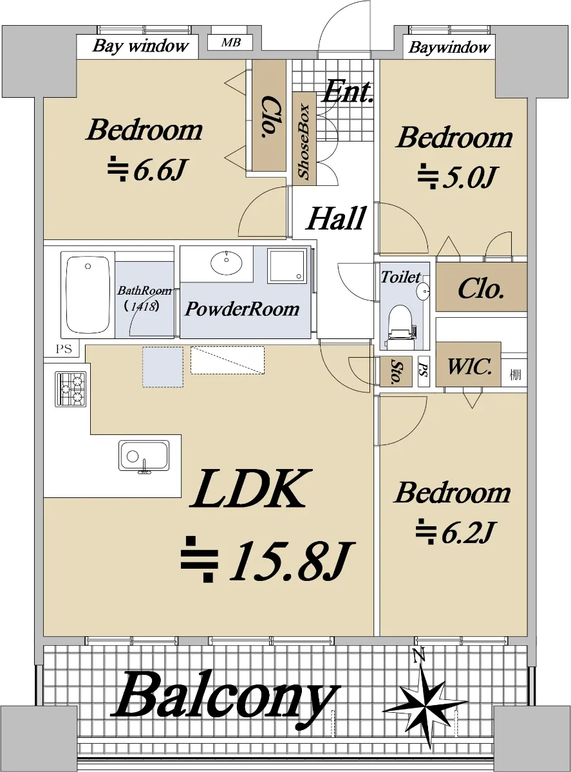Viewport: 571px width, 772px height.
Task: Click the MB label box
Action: (230, 43)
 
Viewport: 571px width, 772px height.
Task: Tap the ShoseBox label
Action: (304, 142)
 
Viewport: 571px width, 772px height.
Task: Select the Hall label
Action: (336, 218)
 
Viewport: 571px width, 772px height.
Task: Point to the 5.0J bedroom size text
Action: (456, 176)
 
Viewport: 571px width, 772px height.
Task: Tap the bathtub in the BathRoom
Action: (88, 295)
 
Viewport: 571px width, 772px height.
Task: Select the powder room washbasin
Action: (227, 262)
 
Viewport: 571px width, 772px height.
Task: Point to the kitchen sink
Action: (144, 457)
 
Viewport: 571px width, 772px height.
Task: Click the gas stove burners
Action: (70, 389)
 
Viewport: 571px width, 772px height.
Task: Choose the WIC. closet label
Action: (469, 367)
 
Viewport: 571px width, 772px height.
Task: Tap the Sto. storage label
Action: (396, 371)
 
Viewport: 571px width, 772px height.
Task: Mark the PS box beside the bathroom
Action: (64, 349)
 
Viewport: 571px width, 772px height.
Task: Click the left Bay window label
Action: (140, 46)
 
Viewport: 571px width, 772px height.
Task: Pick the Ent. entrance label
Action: (348, 91)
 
